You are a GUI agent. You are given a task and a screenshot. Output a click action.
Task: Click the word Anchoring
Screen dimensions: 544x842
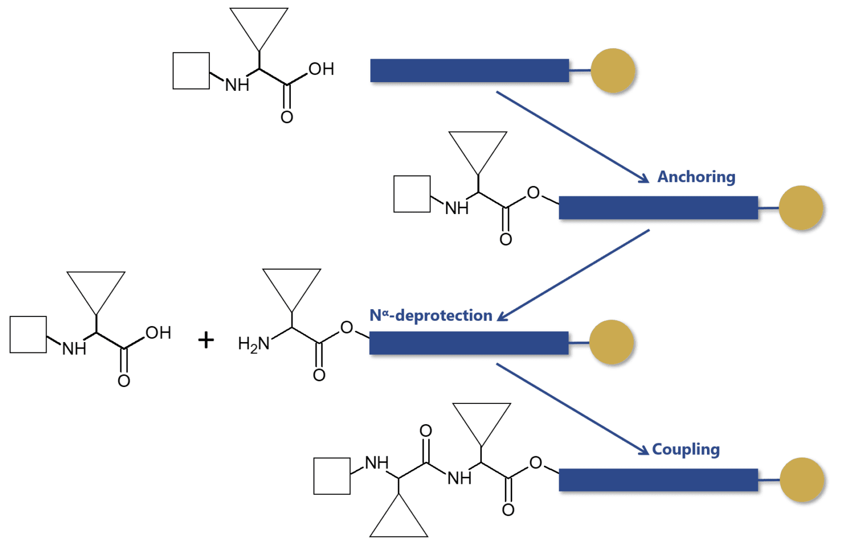click(695, 177)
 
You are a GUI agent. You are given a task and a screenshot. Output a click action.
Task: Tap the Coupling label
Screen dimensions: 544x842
click(686, 449)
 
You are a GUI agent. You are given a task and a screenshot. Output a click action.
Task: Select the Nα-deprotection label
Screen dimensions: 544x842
click(431, 315)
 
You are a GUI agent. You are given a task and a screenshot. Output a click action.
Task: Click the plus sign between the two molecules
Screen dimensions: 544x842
click(206, 340)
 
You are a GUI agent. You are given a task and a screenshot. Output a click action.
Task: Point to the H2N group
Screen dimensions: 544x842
click(254, 344)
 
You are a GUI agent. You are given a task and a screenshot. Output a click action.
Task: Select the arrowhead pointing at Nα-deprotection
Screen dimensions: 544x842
click(502, 317)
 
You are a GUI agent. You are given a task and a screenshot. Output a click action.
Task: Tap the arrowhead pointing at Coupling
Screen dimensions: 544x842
click(644, 450)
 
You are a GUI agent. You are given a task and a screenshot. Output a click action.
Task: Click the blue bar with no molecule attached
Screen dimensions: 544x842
click(469, 71)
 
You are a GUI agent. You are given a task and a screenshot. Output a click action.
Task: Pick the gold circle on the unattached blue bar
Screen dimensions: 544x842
click(613, 71)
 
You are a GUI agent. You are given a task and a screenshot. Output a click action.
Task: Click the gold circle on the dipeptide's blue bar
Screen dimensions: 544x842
click(802, 480)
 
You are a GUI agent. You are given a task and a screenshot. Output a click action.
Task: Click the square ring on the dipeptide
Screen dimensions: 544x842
click(332, 476)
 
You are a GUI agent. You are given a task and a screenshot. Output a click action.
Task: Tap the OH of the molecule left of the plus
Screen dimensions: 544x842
click(158, 333)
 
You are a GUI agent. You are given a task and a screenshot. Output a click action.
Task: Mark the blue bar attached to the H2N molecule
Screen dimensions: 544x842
click(469, 343)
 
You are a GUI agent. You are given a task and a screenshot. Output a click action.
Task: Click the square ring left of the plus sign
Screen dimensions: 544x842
click(28, 334)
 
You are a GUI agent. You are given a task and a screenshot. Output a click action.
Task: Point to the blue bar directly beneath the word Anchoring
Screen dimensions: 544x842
click(658, 208)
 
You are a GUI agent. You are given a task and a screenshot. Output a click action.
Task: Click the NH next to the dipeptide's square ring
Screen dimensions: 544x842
click(377, 463)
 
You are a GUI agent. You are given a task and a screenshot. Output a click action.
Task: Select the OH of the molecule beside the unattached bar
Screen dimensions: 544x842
click(321, 69)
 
